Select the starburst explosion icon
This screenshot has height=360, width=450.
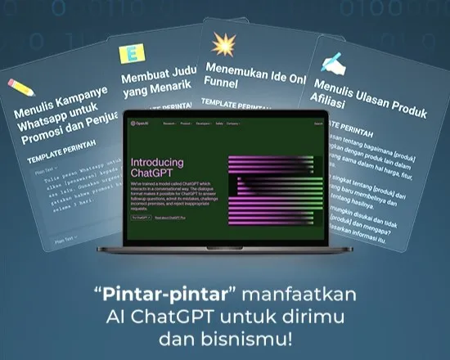click(x=222, y=43)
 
